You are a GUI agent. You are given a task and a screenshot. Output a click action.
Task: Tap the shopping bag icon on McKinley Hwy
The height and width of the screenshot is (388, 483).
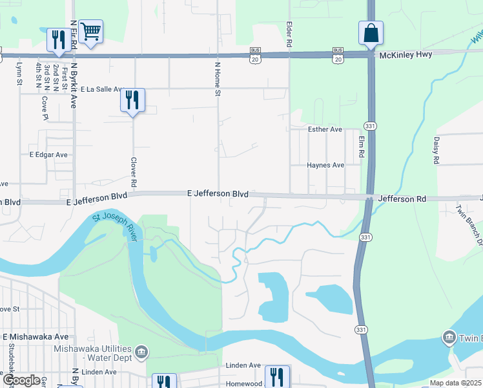(371, 34)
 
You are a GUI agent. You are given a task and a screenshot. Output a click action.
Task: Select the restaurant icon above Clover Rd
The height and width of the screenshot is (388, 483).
(132, 100)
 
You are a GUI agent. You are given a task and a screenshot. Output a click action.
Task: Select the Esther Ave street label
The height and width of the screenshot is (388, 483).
(325, 129)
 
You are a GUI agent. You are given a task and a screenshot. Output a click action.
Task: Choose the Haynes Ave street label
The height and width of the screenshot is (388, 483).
(325, 165)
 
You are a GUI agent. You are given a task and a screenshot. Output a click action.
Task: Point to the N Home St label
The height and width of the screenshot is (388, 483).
(218, 80)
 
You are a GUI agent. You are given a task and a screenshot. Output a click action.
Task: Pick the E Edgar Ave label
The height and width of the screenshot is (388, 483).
(48, 155)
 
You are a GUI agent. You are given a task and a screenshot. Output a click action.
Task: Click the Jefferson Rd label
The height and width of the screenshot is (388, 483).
(402, 199)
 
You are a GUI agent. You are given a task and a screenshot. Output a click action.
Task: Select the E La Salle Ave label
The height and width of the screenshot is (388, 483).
(99, 89)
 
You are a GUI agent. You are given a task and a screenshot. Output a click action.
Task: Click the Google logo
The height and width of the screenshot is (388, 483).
(21, 380)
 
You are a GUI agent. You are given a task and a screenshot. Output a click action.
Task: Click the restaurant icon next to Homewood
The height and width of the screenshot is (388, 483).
(277, 376)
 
